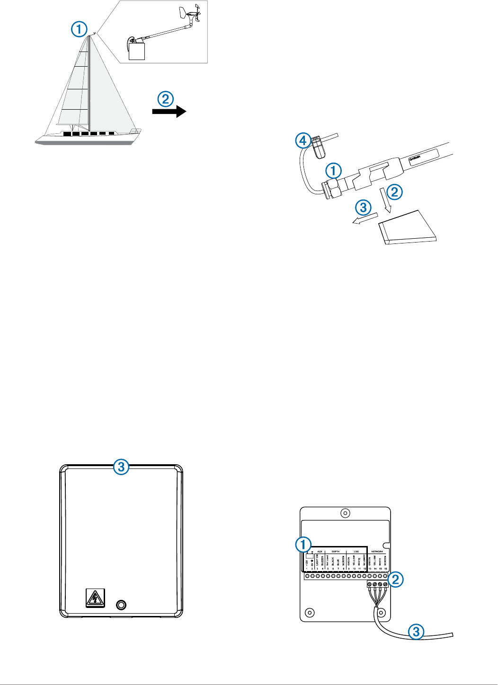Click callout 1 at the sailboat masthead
tap(80, 29)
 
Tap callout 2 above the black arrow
tap(165, 99)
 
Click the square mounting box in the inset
tap(137, 51)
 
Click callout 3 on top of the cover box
tap(121, 467)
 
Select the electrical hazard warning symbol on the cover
tap(95, 598)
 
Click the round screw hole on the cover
tap(121, 605)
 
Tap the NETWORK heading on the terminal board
tap(377, 551)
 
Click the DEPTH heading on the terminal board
tap(335, 551)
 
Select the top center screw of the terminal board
tap(346, 513)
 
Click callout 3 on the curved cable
tap(416, 632)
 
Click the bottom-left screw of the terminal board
tap(310, 613)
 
